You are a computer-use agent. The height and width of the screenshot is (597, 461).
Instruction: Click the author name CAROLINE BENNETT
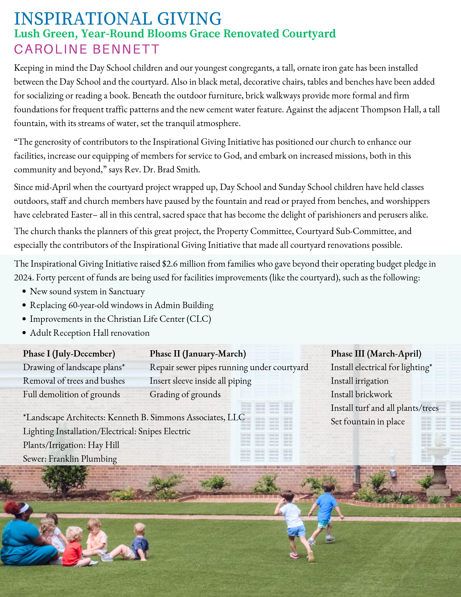[87, 49]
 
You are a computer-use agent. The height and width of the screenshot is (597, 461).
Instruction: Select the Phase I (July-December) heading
[69, 353]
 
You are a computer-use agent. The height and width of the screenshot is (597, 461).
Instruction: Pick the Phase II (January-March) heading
[198, 353]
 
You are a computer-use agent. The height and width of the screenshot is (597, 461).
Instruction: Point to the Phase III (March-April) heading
[376, 353]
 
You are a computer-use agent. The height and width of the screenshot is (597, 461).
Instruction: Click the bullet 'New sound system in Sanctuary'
[87, 291]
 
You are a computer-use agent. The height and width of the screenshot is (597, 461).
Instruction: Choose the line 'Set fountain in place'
[368, 422]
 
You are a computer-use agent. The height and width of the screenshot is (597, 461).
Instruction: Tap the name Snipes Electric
[164, 431]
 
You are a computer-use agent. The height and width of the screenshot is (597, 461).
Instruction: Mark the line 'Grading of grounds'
[185, 394]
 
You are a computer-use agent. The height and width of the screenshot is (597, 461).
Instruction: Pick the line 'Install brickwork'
[361, 394]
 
